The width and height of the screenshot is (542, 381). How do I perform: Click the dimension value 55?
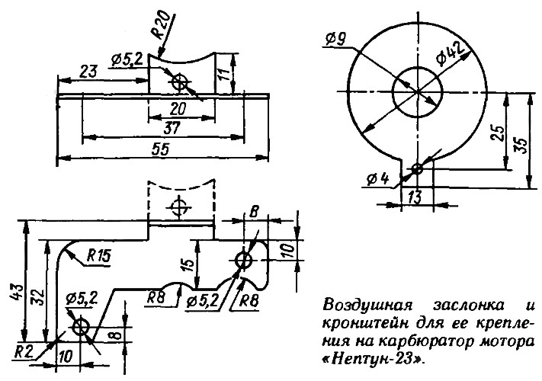pyautogui.click(x=161, y=149)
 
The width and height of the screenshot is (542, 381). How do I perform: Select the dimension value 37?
pyautogui.click(x=172, y=129)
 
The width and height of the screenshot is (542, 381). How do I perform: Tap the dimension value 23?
pyautogui.click(x=88, y=72)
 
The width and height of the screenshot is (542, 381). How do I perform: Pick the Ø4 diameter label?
pyautogui.click(x=378, y=179)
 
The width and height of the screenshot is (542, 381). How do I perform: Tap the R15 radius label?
pyautogui.click(x=98, y=256)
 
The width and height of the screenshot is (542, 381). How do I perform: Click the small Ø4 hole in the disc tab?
pyautogui.click(x=418, y=169)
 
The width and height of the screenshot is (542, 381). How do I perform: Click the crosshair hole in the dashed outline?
pyautogui.click(x=178, y=207)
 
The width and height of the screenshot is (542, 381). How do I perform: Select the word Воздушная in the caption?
pyautogui.click(x=367, y=306)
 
